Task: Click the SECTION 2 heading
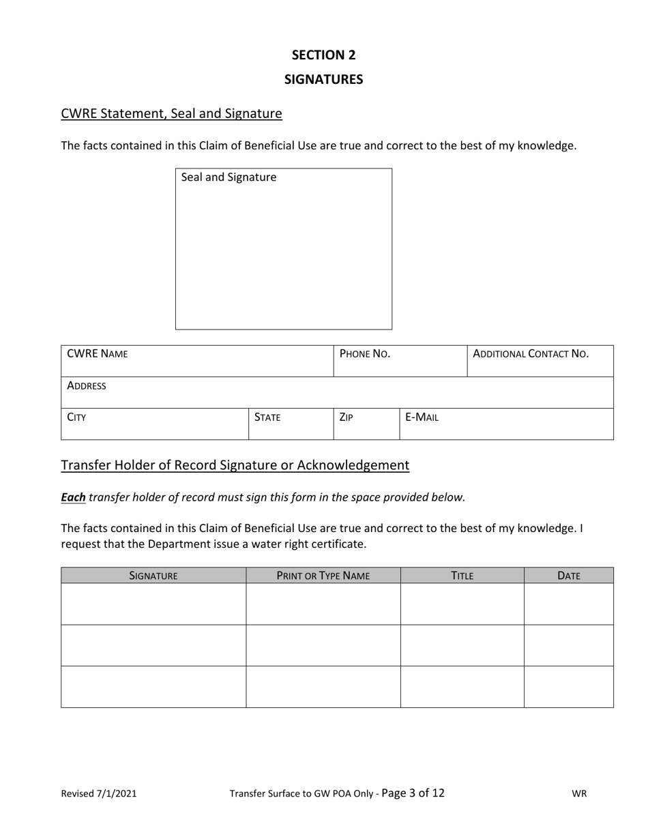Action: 323,55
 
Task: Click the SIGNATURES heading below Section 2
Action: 323,79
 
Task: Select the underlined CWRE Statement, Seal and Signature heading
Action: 171,113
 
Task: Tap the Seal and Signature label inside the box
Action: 229,177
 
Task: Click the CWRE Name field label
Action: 97,354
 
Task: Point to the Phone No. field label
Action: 365,354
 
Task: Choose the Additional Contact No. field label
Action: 531,354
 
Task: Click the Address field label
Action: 87,386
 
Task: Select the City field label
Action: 76,417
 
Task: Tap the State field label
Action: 267,417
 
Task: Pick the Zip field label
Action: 346,417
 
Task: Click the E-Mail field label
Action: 422,417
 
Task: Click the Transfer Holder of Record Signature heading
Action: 235,465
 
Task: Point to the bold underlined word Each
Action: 73,497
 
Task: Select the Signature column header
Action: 153,576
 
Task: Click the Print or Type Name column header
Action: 323,576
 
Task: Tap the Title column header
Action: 462,576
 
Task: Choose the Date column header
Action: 569,576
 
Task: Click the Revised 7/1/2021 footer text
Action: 99,793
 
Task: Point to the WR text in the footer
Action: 579,793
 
